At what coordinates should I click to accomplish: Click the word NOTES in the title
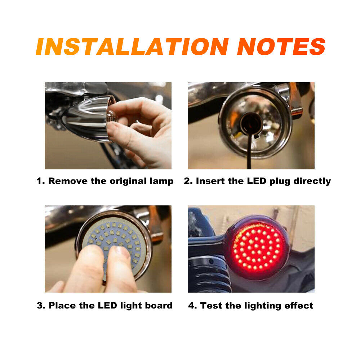pos(281,46)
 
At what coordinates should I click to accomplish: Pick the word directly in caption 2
pos(312,181)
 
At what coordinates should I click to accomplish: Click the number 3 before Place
pos(40,306)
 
